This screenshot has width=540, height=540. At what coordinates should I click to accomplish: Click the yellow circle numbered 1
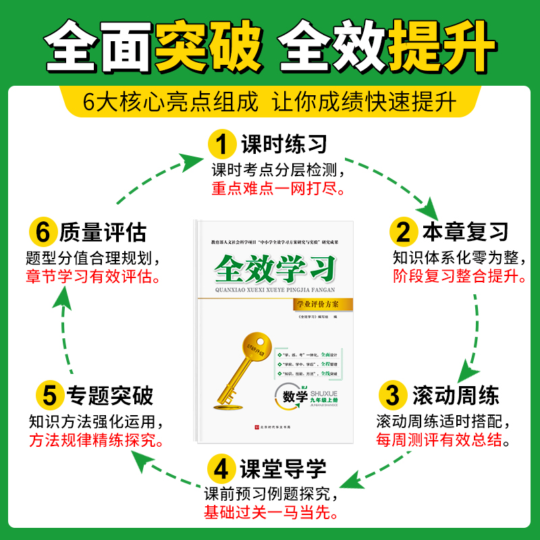[221, 144]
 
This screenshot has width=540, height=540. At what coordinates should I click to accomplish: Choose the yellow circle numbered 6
[43, 233]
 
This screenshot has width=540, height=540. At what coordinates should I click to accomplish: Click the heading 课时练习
[283, 144]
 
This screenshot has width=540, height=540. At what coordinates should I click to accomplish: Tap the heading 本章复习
[465, 233]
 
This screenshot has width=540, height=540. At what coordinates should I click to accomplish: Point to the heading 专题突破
[109, 394]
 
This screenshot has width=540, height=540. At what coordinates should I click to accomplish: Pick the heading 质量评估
[103, 233]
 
